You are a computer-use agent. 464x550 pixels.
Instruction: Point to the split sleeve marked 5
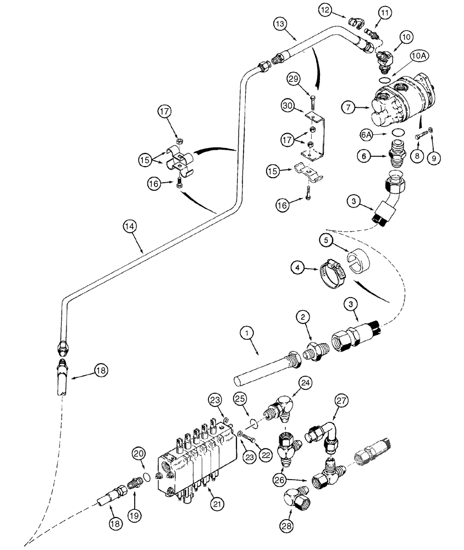tap(357, 260)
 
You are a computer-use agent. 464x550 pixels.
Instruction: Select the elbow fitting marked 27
tap(327, 435)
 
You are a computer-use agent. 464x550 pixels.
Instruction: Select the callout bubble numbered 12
tap(326, 9)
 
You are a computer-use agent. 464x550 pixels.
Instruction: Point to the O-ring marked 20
tap(145, 475)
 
